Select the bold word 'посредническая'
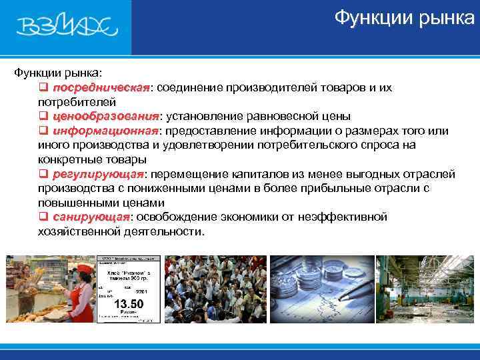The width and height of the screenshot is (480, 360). (102, 88)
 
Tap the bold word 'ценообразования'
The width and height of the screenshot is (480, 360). (107, 117)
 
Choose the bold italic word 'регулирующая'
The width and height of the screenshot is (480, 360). (99, 175)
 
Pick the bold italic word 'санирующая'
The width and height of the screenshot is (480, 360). (91, 217)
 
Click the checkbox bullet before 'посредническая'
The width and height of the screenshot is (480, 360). (43, 88)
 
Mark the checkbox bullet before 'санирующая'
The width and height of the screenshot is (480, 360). (43, 217)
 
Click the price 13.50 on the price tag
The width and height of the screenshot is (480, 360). (129, 303)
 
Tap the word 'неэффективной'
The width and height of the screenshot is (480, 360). (345, 217)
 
